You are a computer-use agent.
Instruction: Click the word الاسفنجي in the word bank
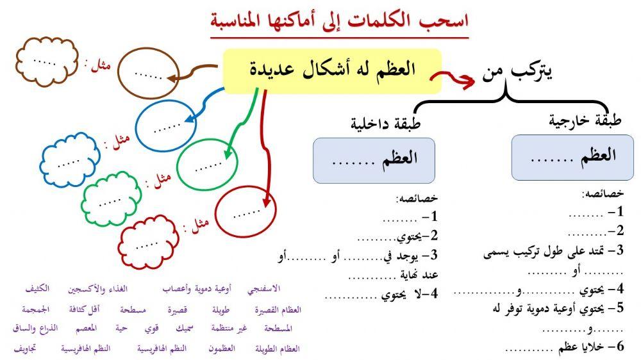point(272,290)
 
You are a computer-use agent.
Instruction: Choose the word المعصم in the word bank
point(81,329)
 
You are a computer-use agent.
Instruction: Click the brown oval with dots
point(149,74)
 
